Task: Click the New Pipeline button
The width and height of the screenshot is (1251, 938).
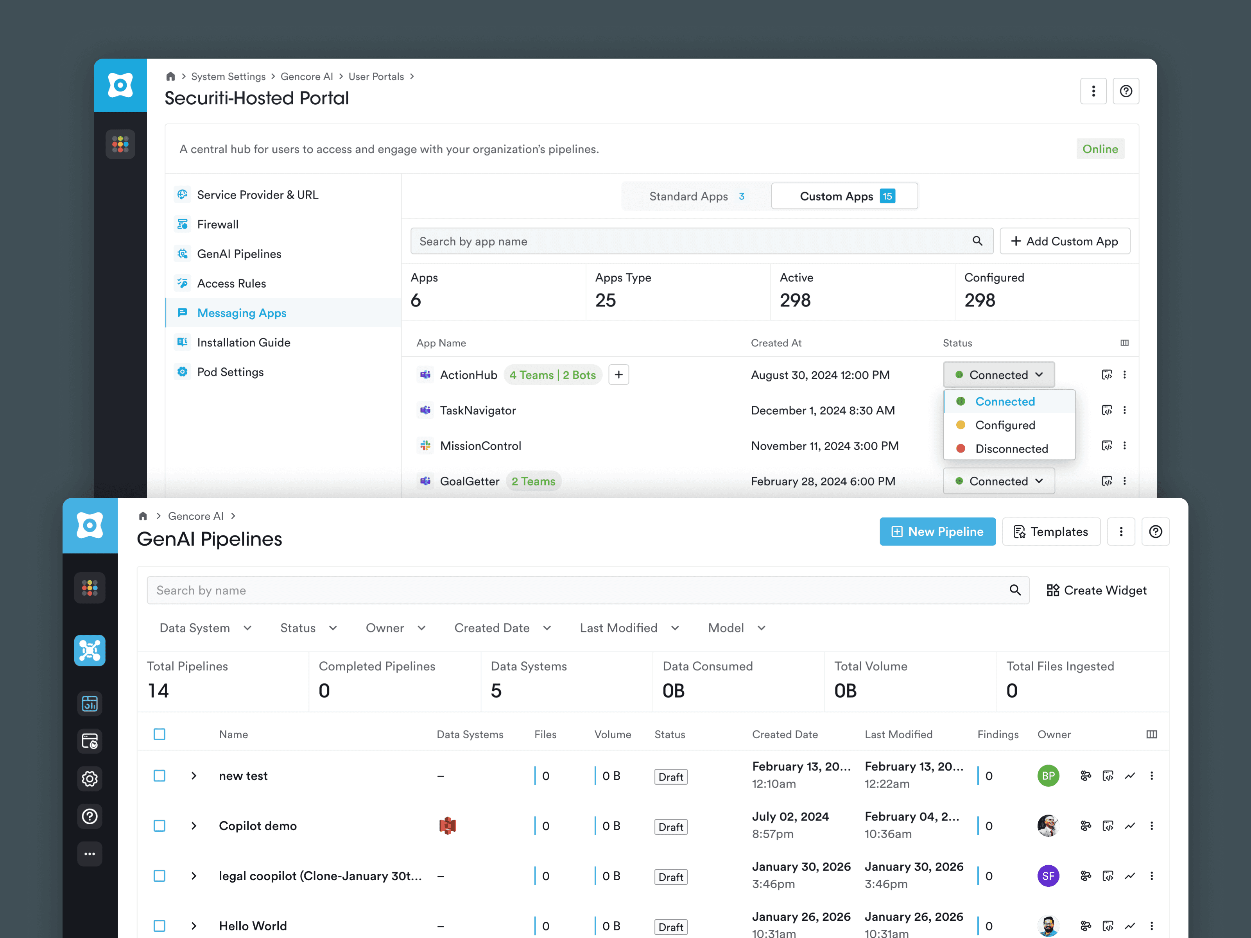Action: pos(937,532)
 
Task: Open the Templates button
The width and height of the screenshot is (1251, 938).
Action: pos(1051,532)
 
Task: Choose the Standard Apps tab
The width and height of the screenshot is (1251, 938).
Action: pos(695,196)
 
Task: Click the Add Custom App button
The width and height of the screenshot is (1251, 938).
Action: pos(1065,242)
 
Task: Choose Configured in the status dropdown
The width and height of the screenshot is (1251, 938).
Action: pos(1004,425)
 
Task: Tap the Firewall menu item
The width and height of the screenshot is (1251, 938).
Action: pos(218,224)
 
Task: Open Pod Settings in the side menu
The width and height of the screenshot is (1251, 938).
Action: pos(230,372)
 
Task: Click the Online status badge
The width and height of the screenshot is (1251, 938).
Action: pos(1099,149)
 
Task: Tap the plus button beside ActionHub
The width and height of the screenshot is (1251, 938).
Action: pos(619,375)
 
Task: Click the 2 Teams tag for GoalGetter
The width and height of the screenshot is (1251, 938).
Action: pos(533,481)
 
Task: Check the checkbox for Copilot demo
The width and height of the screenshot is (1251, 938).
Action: pos(160,826)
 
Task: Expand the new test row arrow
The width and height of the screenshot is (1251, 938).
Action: pos(194,776)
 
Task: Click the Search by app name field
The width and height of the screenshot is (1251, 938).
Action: pos(690,242)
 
